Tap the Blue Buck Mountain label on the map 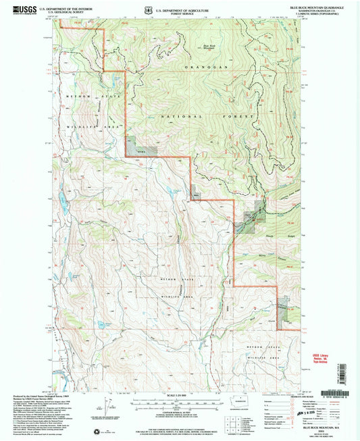[208, 47]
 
